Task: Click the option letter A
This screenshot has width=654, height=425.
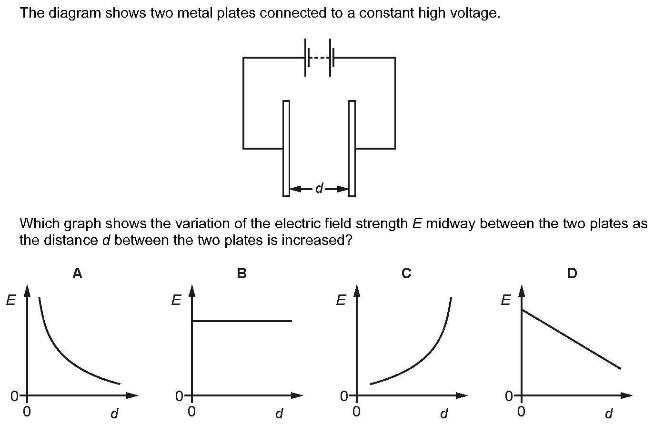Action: (77, 273)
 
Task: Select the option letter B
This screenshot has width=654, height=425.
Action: (242, 273)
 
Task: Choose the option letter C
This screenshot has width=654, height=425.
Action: (406, 273)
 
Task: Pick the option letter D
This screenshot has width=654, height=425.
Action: (572, 273)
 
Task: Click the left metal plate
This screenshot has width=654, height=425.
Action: (286, 148)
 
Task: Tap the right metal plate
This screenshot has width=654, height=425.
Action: (352, 148)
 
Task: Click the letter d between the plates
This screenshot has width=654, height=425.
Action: (320, 188)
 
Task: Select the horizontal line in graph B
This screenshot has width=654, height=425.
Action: (242, 321)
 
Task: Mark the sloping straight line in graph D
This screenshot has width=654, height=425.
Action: (571, 339)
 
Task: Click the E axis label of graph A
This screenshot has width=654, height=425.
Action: (11, 300)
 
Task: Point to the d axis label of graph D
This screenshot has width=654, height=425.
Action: (609, 413)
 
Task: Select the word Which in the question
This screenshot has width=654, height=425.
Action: (40, 223)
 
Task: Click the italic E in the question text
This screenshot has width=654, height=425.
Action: (417, 223)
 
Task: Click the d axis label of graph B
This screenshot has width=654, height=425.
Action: (279, 413)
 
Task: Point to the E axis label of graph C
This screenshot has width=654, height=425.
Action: (341, 300)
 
